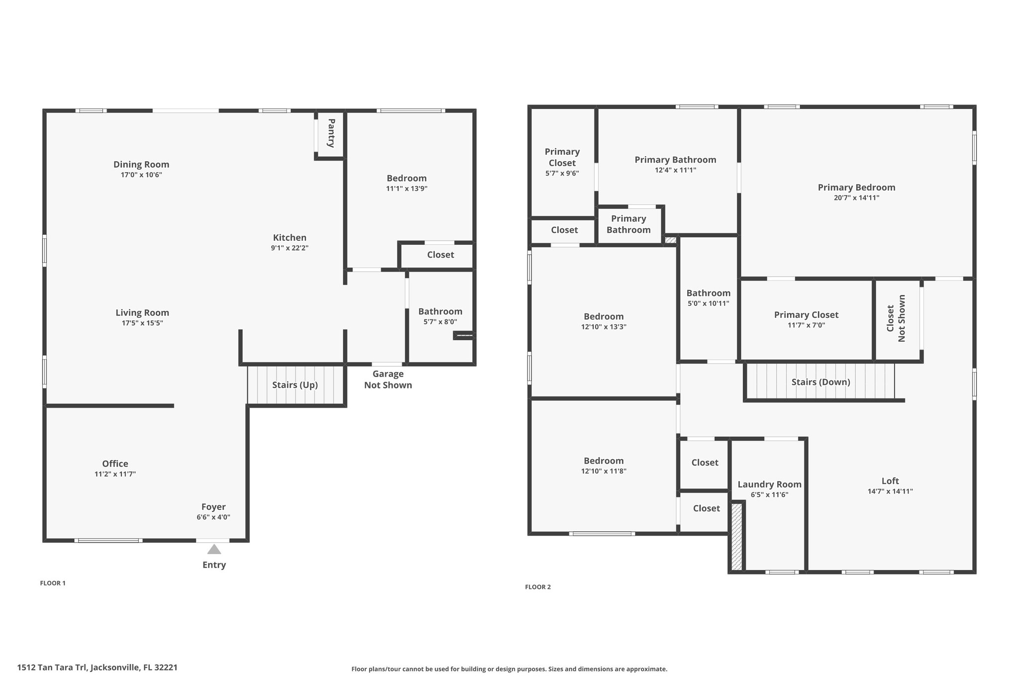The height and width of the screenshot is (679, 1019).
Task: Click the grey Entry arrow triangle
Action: pos(214,549)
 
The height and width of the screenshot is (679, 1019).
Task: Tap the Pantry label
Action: pos(331,133)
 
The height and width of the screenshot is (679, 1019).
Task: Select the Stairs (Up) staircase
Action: pos(296,385)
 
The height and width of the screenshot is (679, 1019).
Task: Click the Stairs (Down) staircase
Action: pos(820,381)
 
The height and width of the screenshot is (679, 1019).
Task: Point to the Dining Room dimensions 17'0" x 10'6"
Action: pos(141,175)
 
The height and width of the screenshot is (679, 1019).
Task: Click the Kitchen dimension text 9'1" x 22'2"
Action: pos(290,248)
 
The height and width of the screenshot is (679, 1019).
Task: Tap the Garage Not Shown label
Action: pos(388,380)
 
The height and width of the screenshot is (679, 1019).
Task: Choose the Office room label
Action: pos(115,464)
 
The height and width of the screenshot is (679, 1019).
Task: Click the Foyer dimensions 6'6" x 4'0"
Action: pos(213,517)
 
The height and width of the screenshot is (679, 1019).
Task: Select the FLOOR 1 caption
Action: pos(53,583)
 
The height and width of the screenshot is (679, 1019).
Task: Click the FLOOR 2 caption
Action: pos(538,587)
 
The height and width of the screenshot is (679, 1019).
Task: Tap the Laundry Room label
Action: pos(769,485)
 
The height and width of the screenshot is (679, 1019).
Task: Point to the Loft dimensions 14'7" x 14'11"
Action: pos(890,491)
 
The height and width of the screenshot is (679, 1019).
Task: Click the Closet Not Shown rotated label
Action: pos(896,318)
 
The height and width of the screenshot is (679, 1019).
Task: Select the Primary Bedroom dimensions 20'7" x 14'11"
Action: pos(856,198)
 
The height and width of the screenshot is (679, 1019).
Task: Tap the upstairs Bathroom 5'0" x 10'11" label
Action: pos(708,298)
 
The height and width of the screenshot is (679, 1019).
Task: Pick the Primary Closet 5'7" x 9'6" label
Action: pos(562,162)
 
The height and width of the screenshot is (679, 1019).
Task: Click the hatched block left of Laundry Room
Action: pos(737,537)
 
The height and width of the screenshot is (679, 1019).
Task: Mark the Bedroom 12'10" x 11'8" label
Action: pos(604,466)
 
